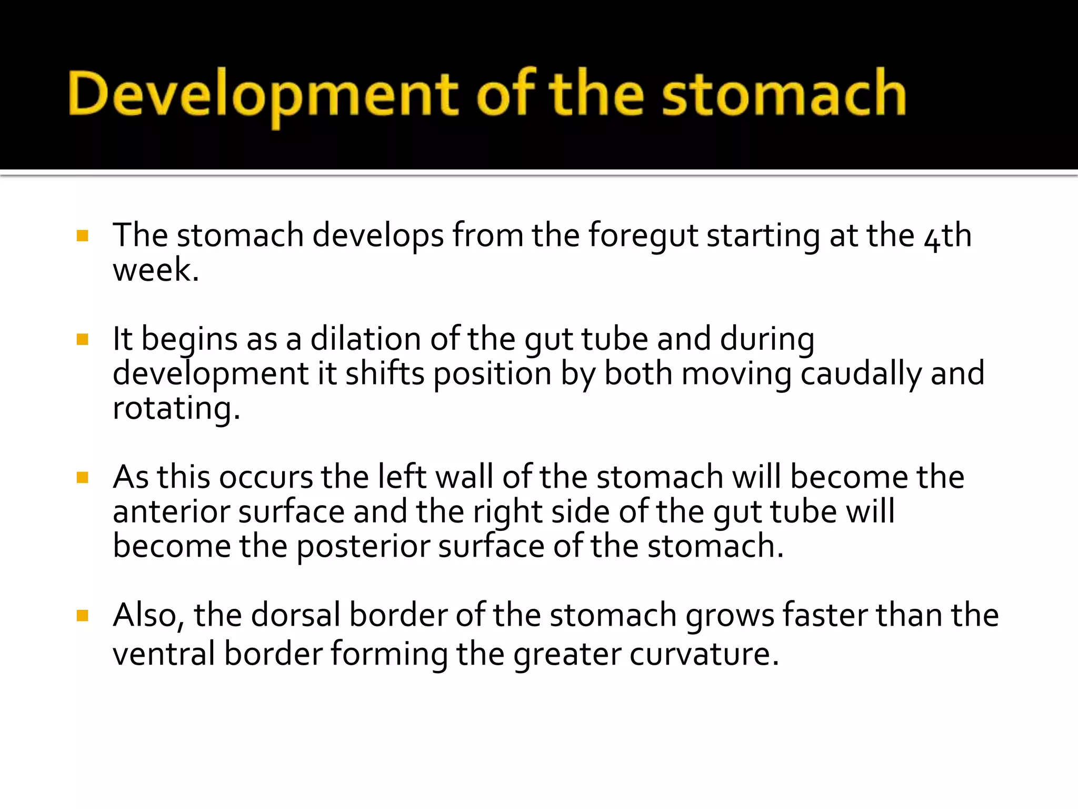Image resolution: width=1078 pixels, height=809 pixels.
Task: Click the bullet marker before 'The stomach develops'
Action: coord(82,235)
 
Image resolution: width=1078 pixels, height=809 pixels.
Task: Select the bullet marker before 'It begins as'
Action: coord(82,339)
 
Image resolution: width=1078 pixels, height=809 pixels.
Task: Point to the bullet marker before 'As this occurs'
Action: coord(82,477)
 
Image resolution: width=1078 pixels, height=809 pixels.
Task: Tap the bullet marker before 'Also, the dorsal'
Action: coord(82,615)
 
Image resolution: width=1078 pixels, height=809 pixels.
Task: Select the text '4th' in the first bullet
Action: coord(947,236)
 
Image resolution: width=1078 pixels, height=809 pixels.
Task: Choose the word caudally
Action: coord(861,374)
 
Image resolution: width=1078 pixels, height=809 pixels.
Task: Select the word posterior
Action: coord(363,547)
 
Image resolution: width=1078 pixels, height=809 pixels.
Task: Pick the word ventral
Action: coord(164,654)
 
